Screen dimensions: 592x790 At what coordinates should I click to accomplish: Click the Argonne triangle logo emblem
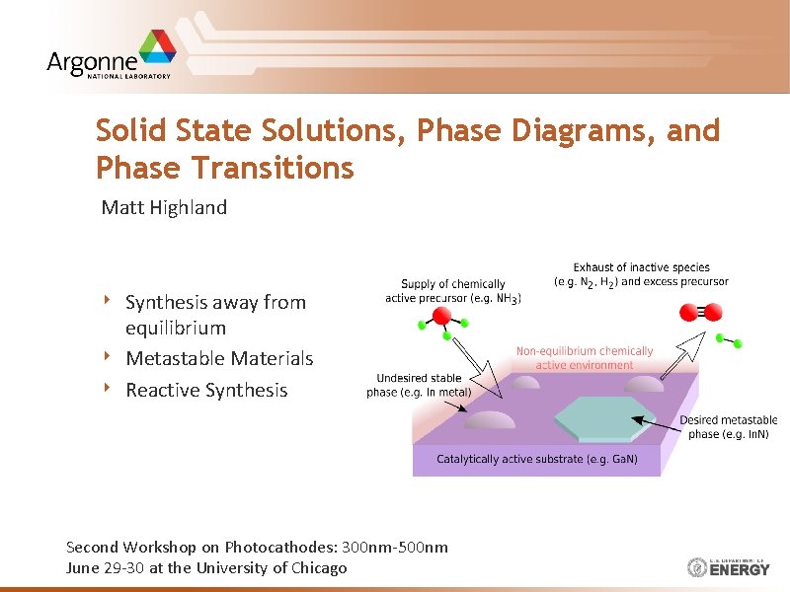click(x=155, y=49)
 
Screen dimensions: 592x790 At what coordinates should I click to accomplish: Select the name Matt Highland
click(x=164, y=207)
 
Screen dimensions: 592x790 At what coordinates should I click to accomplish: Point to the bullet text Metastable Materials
click(x=219, y=358)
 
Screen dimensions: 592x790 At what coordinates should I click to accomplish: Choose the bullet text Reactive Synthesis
click(x=206, y=390)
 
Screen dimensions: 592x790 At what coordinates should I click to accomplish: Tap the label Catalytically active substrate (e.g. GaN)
click(x=537, y=459)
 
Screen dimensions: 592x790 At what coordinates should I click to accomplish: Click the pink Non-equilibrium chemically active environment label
click(x=585, y=357)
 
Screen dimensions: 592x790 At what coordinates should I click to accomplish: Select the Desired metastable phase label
click(x=728, y=427)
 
